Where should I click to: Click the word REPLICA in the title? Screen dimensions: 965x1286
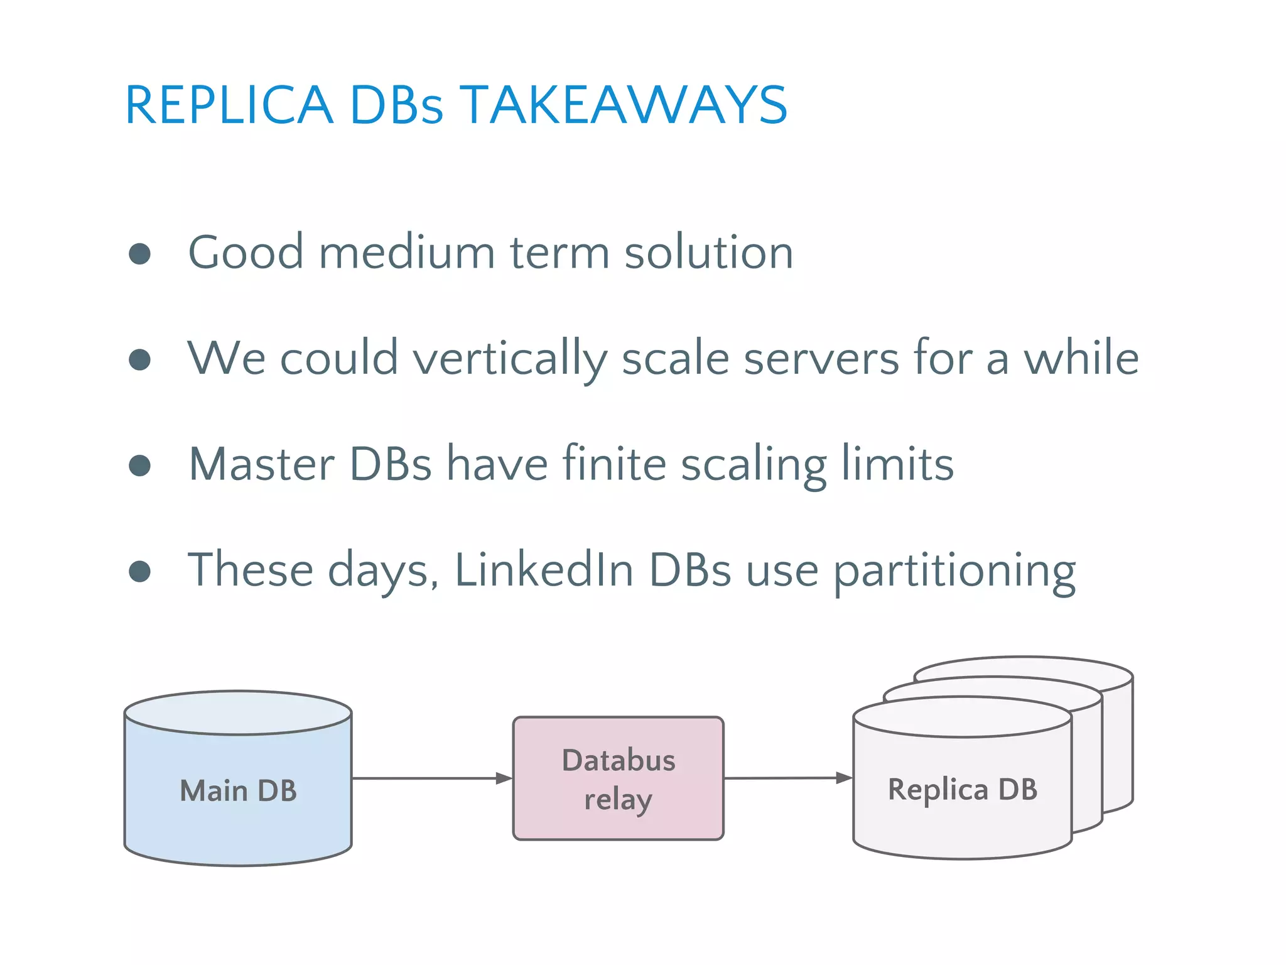229,106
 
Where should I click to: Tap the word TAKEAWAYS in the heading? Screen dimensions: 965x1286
624,106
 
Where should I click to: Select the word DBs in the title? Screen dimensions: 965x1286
396,106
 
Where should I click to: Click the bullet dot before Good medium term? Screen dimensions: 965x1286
139,254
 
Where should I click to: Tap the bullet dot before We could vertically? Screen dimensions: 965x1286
139,359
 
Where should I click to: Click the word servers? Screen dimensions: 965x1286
821,358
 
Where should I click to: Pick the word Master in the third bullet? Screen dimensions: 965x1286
261,465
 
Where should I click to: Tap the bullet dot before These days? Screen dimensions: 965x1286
139,571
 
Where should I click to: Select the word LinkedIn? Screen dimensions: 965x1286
544,570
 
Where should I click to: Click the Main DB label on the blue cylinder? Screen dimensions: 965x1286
238,791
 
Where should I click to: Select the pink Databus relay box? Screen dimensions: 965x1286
619,778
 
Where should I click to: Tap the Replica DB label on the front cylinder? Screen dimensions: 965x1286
962,790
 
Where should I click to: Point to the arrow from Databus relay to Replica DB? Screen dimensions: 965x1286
788,778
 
